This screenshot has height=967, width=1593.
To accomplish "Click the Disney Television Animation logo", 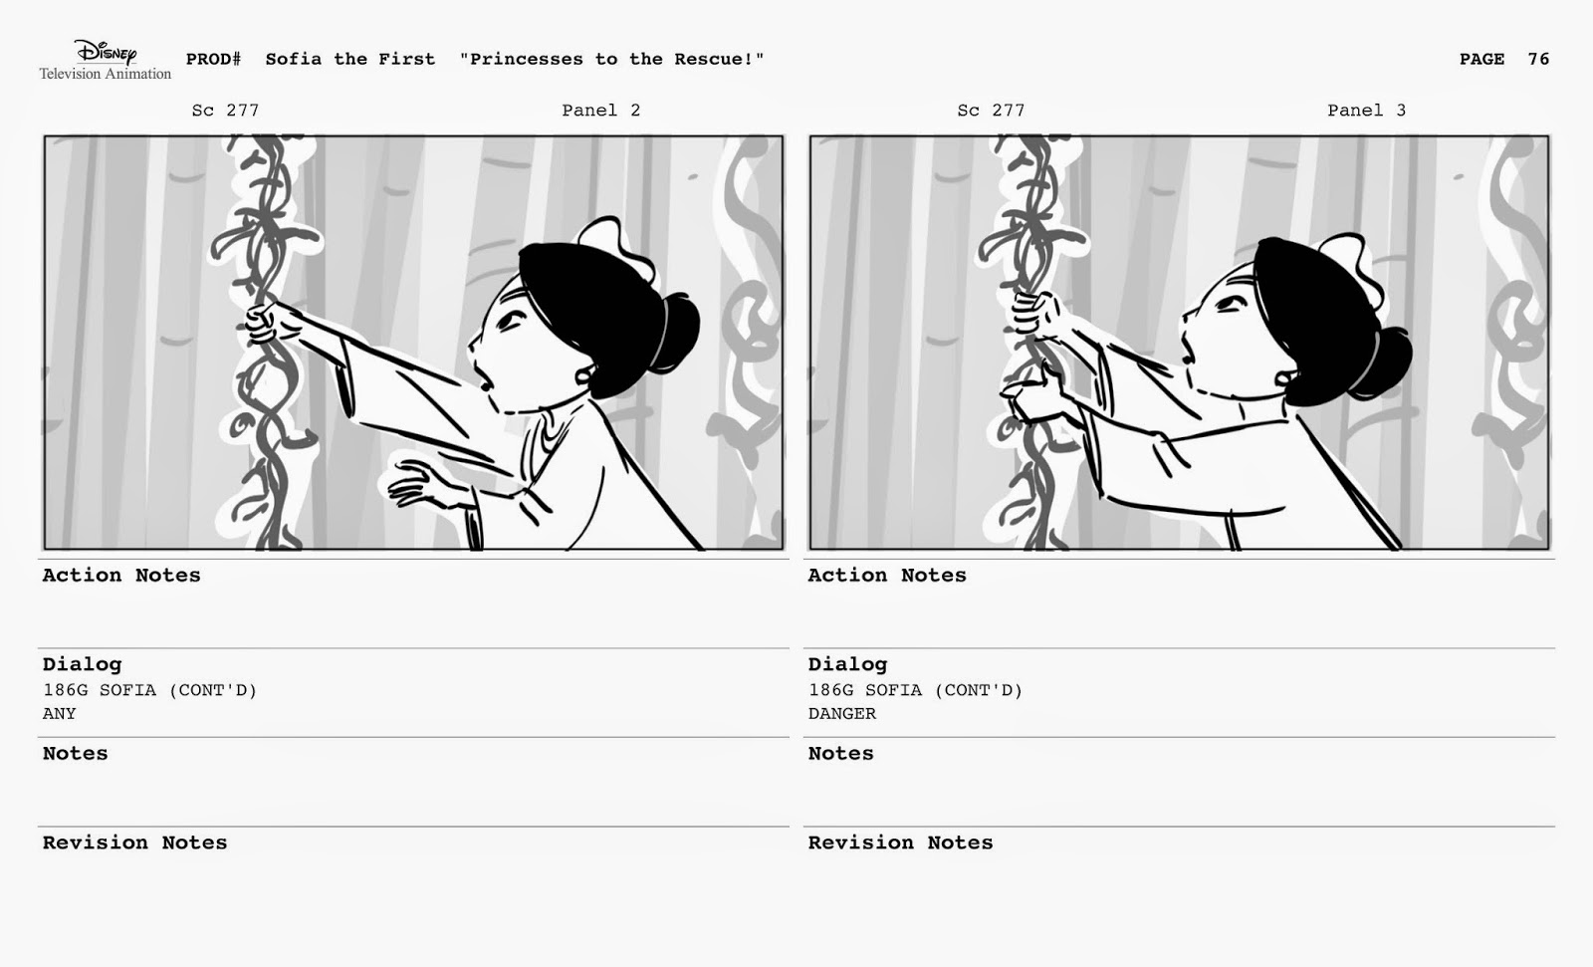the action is pos(106,60).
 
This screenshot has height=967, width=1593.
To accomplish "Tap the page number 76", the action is pos(1538,59).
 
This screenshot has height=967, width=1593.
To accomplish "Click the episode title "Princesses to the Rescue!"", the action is pos(611,59).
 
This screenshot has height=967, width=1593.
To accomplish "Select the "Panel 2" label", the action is pos(601,111).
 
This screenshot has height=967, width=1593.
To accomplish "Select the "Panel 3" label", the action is pos(1366,111).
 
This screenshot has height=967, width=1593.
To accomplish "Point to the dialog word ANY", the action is pos(59,714).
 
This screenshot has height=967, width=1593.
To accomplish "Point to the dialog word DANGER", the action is pos(842,714).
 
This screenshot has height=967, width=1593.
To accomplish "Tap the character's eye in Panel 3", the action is pos(1230,305).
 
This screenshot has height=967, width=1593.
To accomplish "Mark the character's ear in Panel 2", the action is pos(584,375).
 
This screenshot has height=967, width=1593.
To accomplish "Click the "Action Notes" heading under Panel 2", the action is pos(121,575).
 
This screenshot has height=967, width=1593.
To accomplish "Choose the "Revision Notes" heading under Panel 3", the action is pos(900,843).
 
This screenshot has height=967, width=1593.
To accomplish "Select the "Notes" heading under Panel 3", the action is pos(840,754).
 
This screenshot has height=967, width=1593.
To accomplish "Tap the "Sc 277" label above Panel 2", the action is pos(225,111).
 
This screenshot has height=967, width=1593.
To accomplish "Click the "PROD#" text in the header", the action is pos(213,59).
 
